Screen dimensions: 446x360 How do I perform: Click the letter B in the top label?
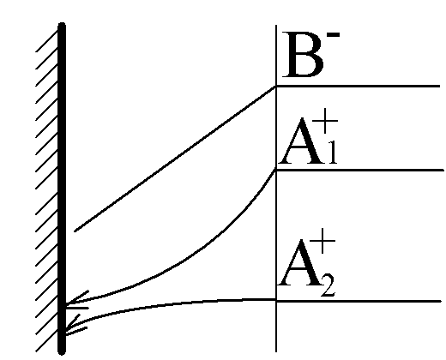tap(303, 55)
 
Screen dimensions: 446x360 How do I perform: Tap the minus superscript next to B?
tap(334, 35)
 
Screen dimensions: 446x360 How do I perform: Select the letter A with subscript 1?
tap(302, 141)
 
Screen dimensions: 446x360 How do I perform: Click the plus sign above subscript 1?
tap(325, 121)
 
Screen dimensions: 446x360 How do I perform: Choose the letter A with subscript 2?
tap(301, 262)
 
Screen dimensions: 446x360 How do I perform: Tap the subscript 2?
tap(328, 286)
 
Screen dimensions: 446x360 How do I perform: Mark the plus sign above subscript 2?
tap(322, 241)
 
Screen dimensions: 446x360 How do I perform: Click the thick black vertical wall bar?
tap(62, 189)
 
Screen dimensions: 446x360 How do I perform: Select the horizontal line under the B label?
tap(358, 86)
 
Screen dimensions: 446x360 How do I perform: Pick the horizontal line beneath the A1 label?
tap(359, 170)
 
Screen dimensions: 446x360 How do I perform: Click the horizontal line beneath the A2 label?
tap(359, 301)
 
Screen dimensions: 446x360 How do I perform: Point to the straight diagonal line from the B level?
tap(175, 159)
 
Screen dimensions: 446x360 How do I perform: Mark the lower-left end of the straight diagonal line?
tap(75, 231)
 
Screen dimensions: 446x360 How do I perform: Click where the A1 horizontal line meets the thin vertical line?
tap(276, 170)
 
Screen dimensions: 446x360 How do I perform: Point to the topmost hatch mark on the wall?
tap(47, 41)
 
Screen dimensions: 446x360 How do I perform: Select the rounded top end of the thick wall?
tap(62, 25)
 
